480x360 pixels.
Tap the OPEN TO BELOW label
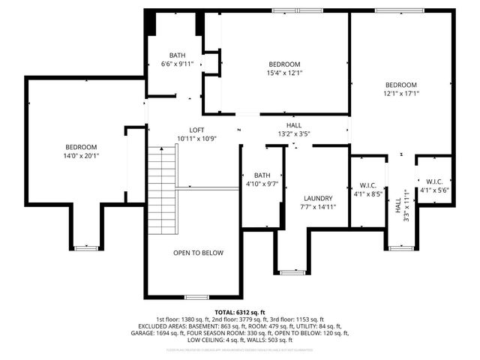(198, 253)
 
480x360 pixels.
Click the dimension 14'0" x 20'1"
(81, 156)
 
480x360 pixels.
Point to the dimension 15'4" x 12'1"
(284, 73)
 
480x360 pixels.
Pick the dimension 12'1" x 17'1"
(400, 94)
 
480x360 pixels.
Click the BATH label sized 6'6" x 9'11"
(177, 55)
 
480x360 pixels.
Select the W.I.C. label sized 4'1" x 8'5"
(367, 184)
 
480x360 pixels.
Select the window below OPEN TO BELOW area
(196, 297)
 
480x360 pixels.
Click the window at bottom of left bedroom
(87, 247)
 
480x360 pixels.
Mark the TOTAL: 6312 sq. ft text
(240, 312)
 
